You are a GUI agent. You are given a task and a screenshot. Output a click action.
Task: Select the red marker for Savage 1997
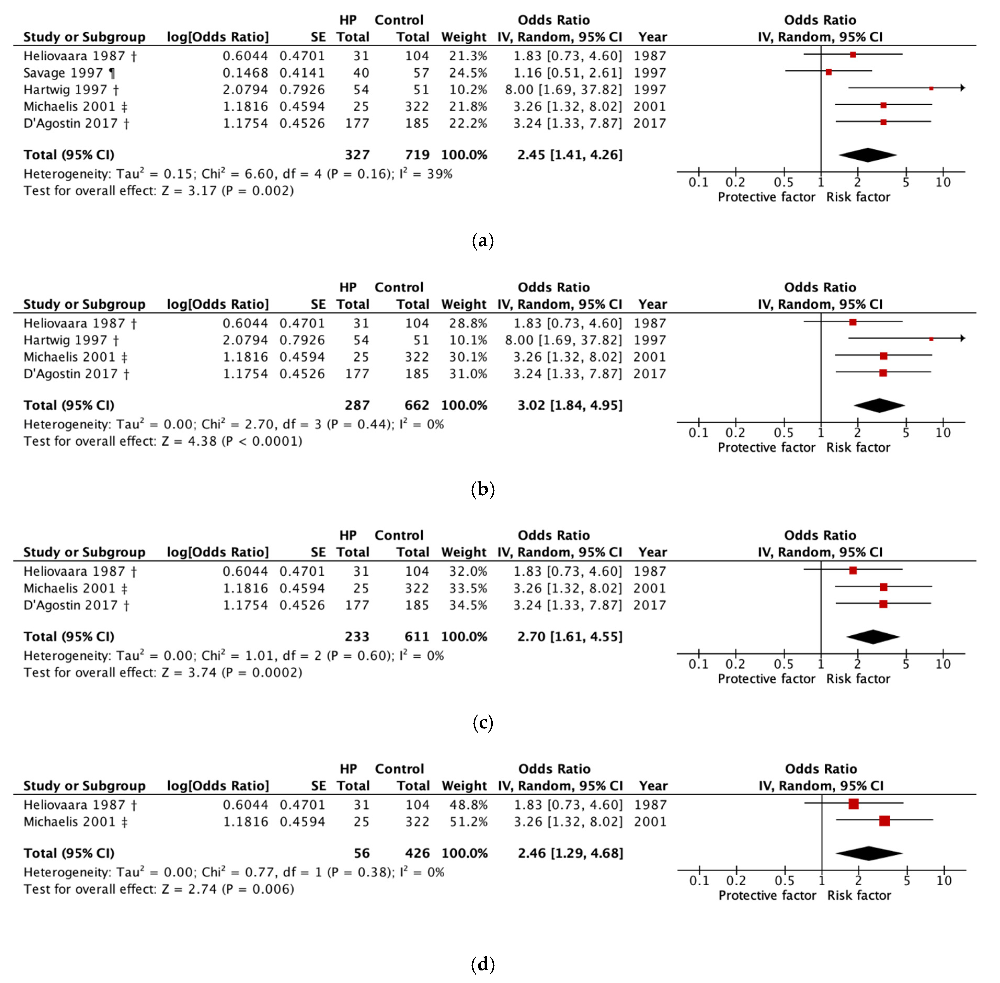tap(829, 72)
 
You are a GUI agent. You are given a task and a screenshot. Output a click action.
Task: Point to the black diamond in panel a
tap(867, 155)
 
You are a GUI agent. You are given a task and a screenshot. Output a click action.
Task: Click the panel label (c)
tap(483, 723)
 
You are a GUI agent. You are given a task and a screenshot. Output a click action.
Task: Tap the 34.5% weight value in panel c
tap(468, 605)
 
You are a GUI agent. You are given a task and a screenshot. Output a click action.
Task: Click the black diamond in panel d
tap(869, 853)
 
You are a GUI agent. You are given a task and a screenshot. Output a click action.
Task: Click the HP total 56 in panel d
tap(361, 853)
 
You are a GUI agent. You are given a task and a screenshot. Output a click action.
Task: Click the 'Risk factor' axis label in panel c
tap(858, 679)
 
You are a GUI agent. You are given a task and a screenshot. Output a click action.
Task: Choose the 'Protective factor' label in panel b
tap(766, 448)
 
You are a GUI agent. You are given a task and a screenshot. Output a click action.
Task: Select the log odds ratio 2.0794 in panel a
tap(245, 90)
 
